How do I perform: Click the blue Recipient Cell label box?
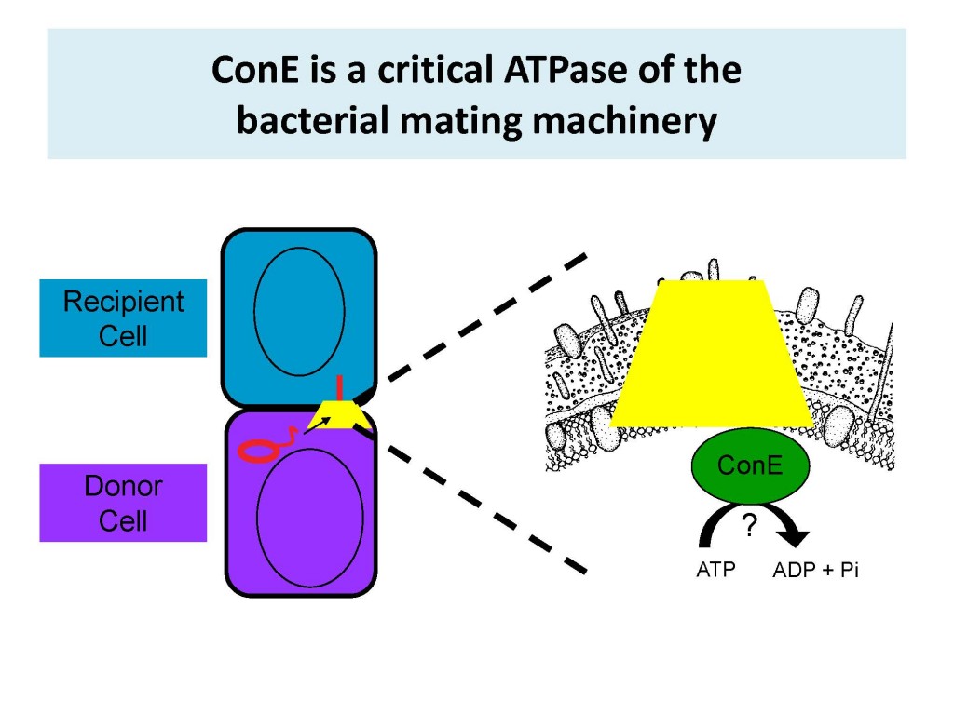coord(123,317)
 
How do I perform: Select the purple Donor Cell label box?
coord(123,503)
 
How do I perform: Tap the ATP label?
coord(715,570)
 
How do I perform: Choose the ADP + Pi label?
coord(814,570)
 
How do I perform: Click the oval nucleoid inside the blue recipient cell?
coord(299,312)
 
